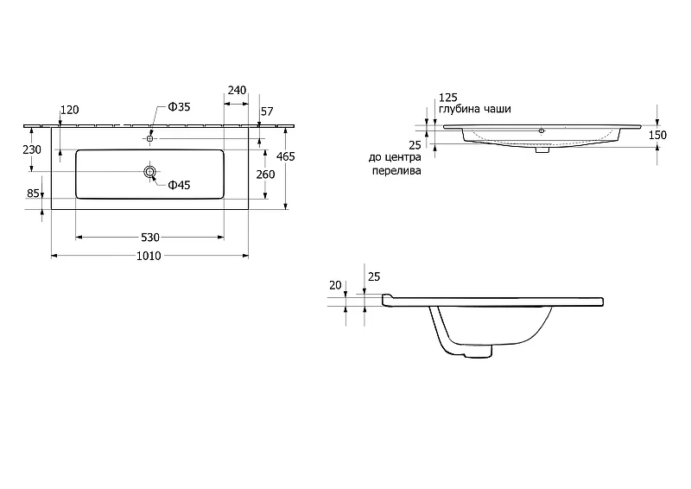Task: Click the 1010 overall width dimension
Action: click(x=149, y=256)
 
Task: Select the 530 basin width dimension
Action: click(x=149, y=238)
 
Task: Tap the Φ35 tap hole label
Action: click(x=179, y=107)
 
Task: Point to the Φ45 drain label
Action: click(x=179, y=185)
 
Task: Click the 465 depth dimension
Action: click(x=286, y=156)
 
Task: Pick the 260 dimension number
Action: click(x=266, y=175)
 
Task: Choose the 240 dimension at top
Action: click(x=237, y=90)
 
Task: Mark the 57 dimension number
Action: click(x=267, y=111)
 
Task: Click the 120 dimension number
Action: click(x=70, y=110)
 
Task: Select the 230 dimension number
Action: click(x=32, y=149)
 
